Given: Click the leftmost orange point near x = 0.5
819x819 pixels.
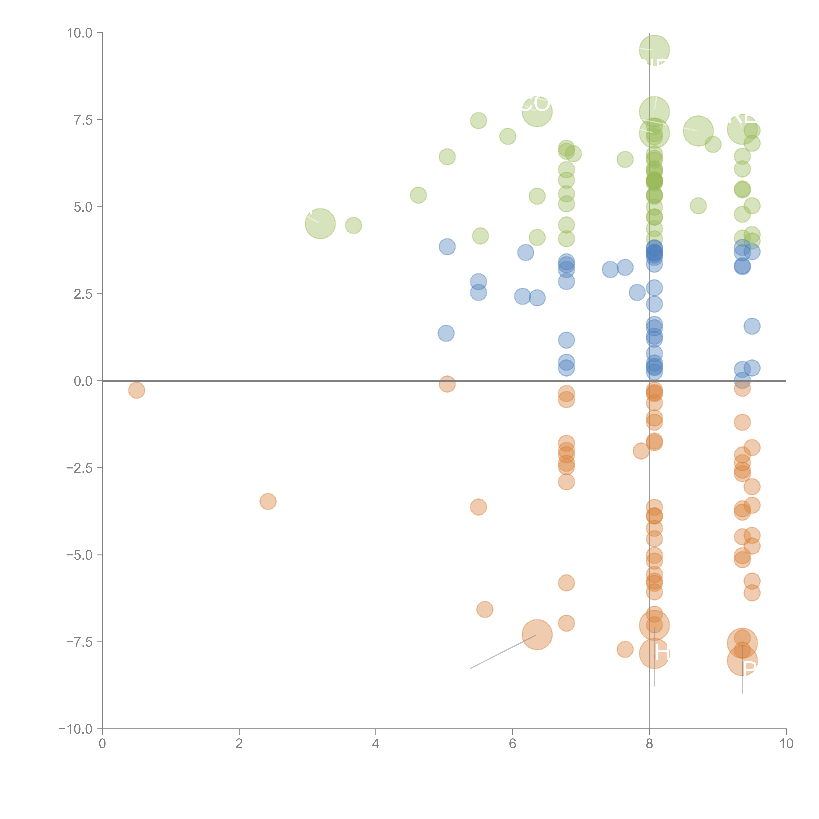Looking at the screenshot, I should pos(136,390).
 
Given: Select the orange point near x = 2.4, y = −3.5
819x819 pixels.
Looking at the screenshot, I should pos(268,502).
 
